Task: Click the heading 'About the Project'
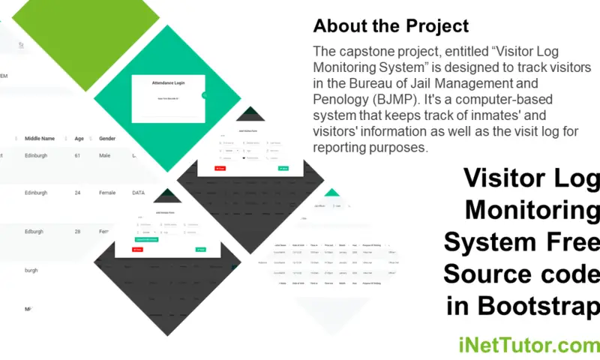click(x=391, y=26)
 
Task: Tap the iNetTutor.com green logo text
click(x=528, y=346)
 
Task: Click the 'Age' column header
click(x=79, y=138)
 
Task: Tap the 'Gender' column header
click(x=107, y=138)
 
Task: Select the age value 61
click(x=77, y=156)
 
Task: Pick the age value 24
click(x=77, y=193)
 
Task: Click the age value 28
click(x=77, y=231)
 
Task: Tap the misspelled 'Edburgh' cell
click(x=37, y=231)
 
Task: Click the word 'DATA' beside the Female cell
click(x=138, y=193)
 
